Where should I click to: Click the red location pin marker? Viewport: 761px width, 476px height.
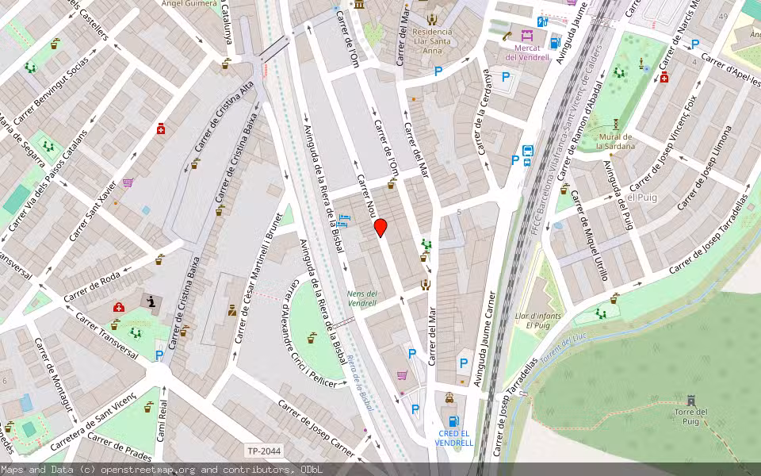[380, 228]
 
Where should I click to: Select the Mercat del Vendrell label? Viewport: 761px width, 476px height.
[527, 52]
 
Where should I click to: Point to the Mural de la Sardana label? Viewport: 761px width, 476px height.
[617, 141]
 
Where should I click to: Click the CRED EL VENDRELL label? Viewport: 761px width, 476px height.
[454, 438]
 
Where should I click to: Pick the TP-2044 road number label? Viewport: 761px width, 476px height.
[263, 451]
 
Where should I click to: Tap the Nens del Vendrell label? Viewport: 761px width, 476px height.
[362, 298]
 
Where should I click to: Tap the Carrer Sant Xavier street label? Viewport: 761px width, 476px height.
[93, 211]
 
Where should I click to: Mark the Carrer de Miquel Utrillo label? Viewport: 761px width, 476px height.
[592, 245]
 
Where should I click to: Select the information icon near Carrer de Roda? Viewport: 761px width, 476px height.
[149, 301]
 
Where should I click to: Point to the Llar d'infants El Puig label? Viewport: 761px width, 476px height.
[532, 321]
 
